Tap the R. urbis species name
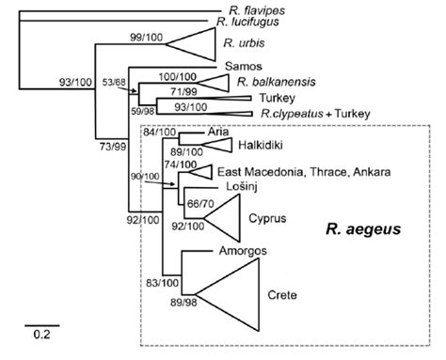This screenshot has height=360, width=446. pyautogui.click(x=243, y=42)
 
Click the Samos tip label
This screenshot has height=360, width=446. pyautogui.click(x=244, y=67)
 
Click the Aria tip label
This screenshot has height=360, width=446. pyautogui.click(x=221, y=133)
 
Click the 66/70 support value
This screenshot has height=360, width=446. pyautogui.click(x=199, y=204)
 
